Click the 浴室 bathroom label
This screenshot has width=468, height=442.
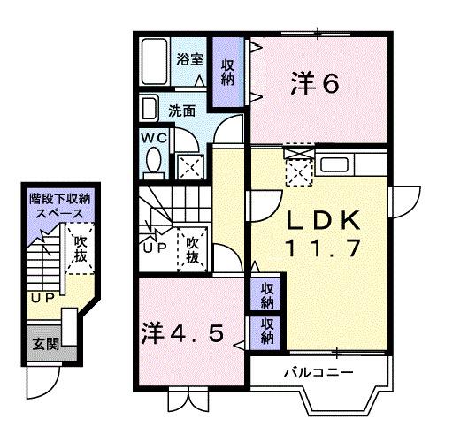point(189,59)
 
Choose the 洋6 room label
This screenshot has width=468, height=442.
point(315,85)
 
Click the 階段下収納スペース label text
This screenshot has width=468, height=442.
point(58,206)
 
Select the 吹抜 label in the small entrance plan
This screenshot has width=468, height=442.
point(81,249)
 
